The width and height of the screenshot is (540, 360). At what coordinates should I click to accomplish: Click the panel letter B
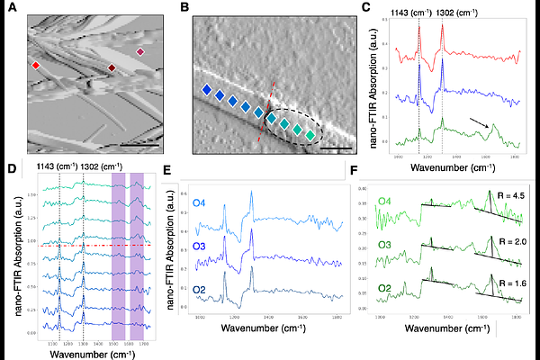[185, 10]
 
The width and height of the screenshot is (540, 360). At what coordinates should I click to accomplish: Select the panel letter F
[358, 169]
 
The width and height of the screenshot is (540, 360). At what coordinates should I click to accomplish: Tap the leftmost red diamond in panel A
[36, 66]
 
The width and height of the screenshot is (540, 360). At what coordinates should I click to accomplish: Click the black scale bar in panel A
[133, 142]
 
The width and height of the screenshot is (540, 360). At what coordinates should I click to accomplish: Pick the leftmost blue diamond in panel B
[207, 89]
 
